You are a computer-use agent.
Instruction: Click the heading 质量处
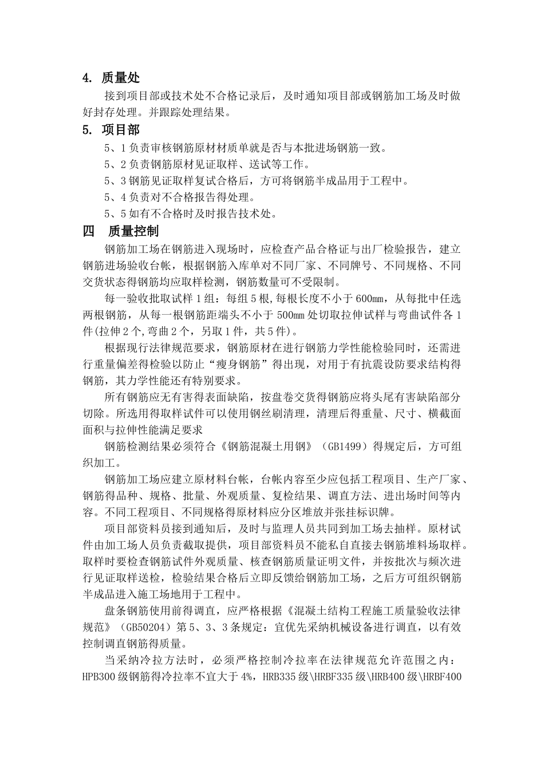tap(120, 78)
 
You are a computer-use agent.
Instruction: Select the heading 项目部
tap(120, 130)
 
